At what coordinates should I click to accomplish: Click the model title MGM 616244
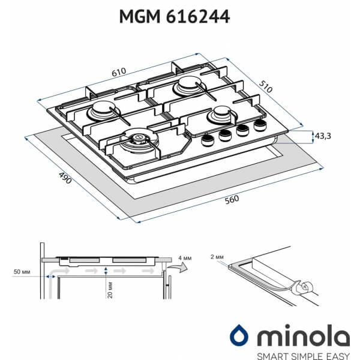point(175,17)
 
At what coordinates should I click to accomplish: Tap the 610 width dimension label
point(119,72)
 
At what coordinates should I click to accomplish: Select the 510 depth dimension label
point(266,86)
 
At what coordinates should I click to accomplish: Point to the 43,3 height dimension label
point(323,136)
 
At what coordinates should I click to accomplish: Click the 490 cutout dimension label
point(65,178)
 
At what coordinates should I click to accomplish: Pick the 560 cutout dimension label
point(232,200)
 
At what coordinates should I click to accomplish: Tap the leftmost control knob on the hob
point(208,140)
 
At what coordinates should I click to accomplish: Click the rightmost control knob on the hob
point(260,125)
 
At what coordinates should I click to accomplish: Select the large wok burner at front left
point(139,141)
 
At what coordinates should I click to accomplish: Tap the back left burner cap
point(103,111)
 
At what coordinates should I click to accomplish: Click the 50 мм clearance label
point(22,272)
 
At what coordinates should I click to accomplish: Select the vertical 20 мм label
point(110,290)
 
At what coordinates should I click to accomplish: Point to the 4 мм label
point(185,258)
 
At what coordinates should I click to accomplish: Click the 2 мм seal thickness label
point(217,257)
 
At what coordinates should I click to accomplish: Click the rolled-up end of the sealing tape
point(305,287)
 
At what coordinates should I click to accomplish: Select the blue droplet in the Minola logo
point(239,335)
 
